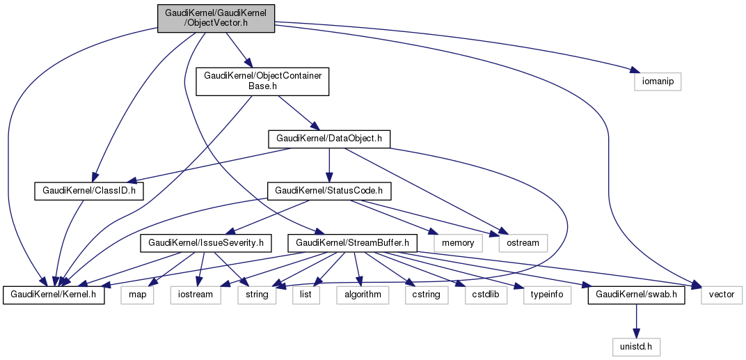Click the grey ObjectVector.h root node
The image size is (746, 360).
pyautogui.click(x=216, y=18)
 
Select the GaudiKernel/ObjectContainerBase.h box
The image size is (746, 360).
pyautogui.click(x=262, y=81)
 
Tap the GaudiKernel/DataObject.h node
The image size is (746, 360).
pyautogui.click(x=329, y=139)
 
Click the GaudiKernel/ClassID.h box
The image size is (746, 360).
pyautogui.click(x=89, y=190)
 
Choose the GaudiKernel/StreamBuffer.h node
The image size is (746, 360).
pyautogui.click(x=356, y=242)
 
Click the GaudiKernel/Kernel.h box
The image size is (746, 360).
pyautogui.click(x=54, y=295)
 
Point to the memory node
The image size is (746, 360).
pyautogui.click(x=457, y=242)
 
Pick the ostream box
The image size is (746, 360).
pyautogui.click(x=523, y=242)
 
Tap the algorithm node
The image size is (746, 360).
pyautogui.click(x=363, y=295)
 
